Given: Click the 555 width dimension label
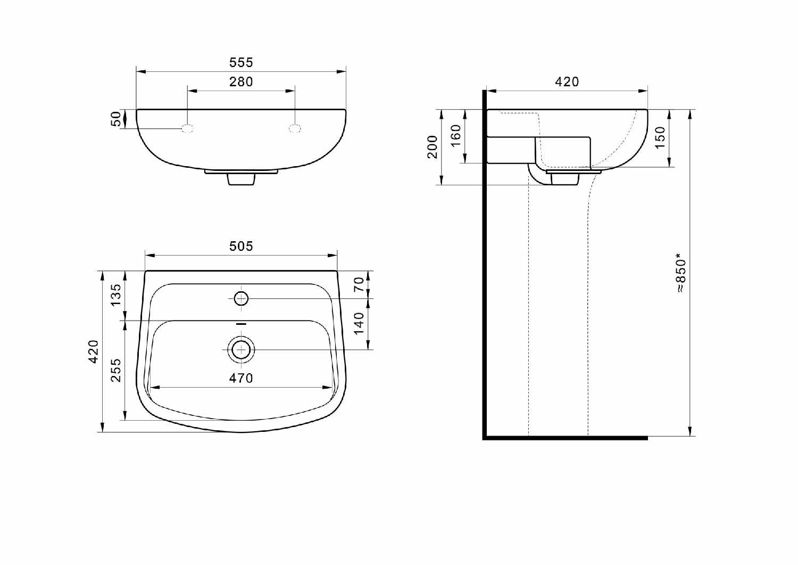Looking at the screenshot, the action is click(x=241, y=62).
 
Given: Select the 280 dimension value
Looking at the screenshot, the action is click(x=241, y=81).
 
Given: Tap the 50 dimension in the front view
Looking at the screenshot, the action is click(x=116, y=119).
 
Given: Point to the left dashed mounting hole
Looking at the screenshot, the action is click(x=187, y=128).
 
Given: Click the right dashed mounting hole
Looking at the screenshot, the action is click(x=295, y=128).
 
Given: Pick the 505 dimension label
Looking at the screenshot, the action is click(x=241, y=246).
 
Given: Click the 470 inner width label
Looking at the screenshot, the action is click(x=241, y=378).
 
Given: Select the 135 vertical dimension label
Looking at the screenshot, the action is click(x=116, y=295).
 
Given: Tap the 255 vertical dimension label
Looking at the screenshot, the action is click(x=116, y=370).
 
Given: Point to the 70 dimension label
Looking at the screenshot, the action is click(x=359, y=284).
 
